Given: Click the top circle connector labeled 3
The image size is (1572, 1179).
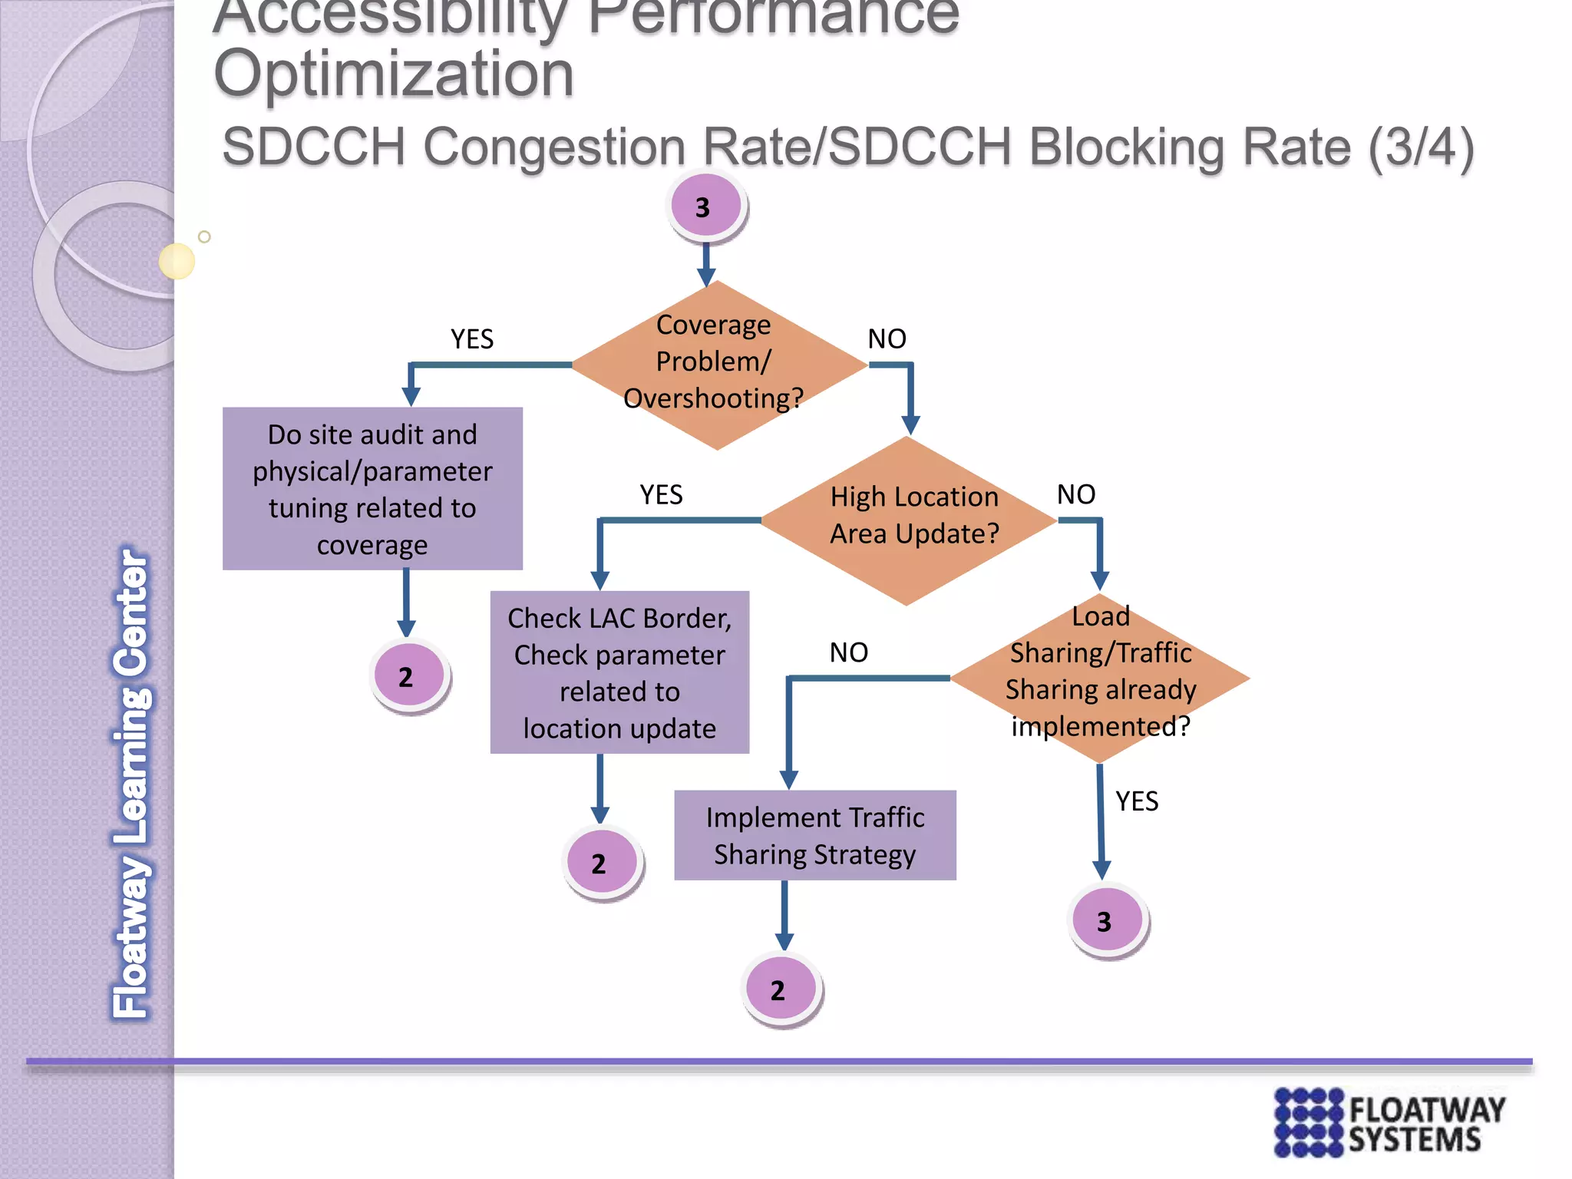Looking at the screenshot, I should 705,206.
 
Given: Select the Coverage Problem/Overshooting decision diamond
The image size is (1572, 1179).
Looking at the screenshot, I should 717,364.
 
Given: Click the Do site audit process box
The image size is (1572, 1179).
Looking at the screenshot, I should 372,489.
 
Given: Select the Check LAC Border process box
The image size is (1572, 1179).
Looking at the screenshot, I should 619,672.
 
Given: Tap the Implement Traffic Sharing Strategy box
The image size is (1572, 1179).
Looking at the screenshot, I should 815,835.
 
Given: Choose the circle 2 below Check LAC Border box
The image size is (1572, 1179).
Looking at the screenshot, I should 601,863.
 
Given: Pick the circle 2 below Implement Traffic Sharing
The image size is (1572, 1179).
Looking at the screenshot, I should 780,989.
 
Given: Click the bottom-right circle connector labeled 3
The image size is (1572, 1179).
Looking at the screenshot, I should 1105,920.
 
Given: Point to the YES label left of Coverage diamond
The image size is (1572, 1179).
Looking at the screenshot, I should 472,339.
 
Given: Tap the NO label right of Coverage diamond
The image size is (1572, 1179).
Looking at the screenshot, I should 887,339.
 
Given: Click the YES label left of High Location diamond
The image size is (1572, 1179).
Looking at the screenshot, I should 661,494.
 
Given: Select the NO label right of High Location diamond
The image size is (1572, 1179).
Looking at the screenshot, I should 1075,494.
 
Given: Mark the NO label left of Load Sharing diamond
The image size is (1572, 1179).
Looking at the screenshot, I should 848,652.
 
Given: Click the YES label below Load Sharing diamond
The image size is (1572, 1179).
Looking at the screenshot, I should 1137,801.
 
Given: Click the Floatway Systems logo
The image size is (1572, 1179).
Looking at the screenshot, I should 1389,1122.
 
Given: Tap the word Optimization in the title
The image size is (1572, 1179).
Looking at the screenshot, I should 394,74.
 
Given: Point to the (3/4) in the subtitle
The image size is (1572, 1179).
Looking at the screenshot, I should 1421,147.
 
